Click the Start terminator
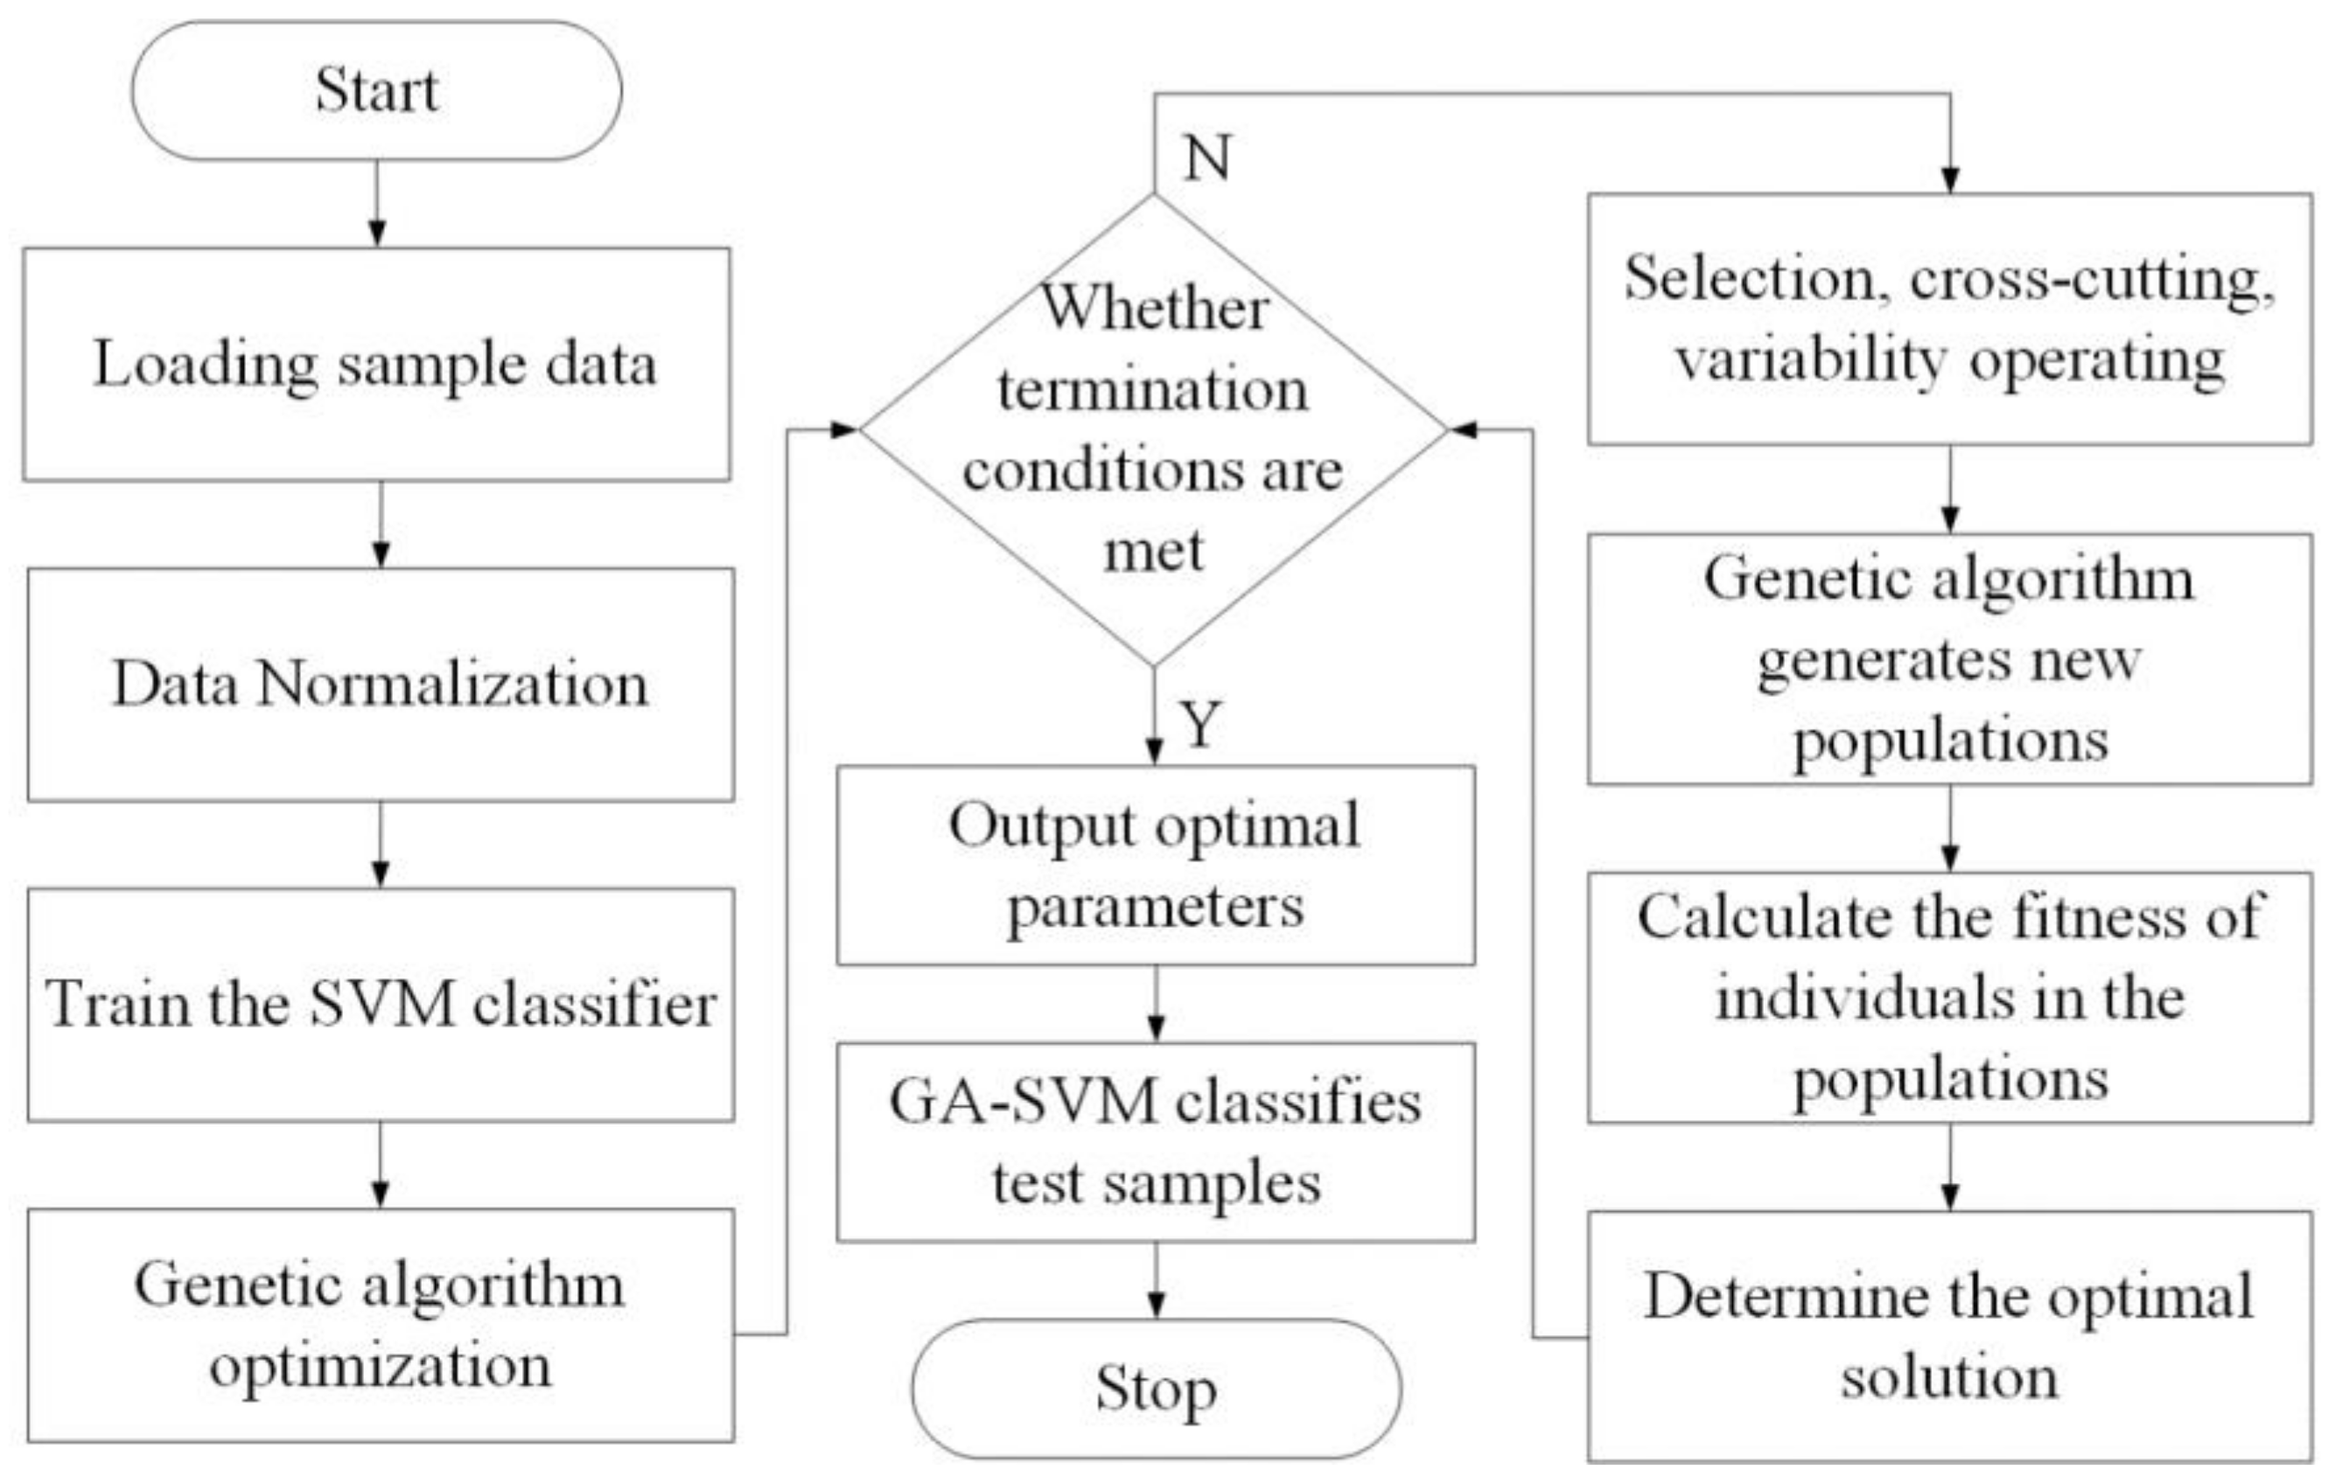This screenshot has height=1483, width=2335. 376,90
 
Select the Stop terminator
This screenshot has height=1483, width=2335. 1155,1389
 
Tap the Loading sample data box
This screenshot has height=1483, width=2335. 376,364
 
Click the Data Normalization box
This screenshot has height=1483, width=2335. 380,685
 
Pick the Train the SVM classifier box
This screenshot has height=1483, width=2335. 380,1004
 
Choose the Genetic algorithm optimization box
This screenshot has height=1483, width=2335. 380,1324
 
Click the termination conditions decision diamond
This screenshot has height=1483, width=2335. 1153,429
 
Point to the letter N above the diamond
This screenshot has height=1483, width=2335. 1207,157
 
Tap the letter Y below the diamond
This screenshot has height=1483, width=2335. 1200,724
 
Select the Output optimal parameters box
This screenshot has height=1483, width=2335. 1155,866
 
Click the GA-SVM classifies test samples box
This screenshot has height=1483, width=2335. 1155,1142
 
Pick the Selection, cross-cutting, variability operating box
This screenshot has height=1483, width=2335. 1949,319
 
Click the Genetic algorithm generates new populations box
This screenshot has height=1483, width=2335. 1949,659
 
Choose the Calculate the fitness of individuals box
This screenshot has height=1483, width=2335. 1949,998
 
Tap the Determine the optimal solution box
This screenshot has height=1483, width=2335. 1949,1336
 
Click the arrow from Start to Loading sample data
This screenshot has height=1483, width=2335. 377,204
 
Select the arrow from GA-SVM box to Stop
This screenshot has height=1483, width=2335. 1156,1280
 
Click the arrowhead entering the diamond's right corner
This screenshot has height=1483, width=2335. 1462,429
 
